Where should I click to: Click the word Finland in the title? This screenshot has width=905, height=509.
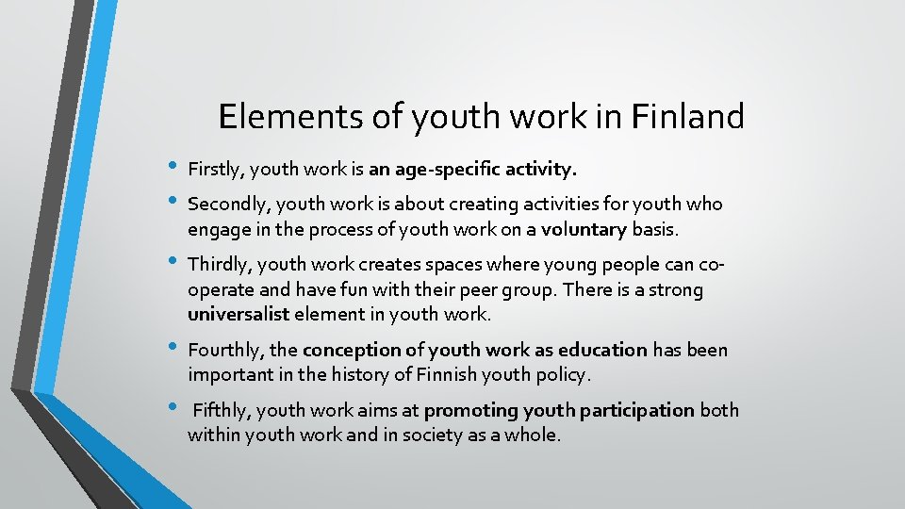(689, 117)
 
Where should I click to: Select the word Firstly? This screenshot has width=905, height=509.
(216, 170)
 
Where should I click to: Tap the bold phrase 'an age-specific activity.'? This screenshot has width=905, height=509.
(472, 170)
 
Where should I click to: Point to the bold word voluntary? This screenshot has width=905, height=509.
(584, 229)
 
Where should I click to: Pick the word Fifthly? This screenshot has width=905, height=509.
(222, 411)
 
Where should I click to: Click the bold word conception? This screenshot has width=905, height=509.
(350, 351)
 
